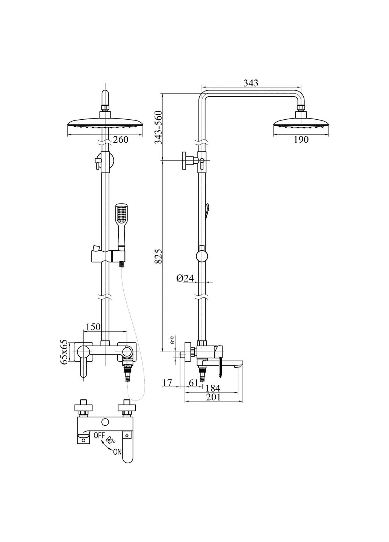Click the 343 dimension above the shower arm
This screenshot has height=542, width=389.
point(251,83)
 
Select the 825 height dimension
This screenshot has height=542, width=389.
point(158,256)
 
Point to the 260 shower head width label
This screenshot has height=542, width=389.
point(121,140)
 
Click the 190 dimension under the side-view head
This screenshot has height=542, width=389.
point(301,140)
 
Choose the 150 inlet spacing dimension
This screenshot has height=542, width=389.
point(93,327)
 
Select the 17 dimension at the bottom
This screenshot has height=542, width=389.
point(167,383)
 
